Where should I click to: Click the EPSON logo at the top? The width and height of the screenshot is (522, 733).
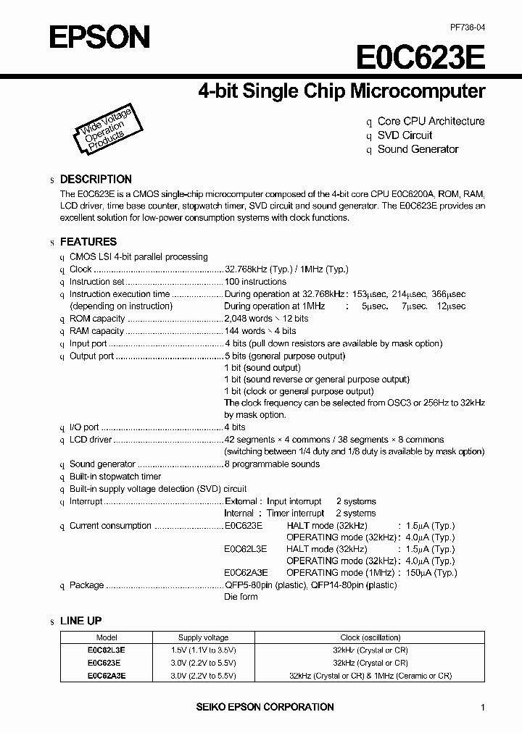point(99,36)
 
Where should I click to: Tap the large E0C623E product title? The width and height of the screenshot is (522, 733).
point(420,57)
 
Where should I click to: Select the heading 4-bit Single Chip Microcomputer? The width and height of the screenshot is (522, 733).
point(341,91)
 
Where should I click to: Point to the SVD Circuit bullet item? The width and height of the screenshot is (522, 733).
point(405,135)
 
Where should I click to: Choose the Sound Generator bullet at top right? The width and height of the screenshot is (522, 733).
point(418,149)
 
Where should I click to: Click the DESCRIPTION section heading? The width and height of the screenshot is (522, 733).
point(96,179)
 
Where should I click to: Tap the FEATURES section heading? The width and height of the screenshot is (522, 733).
point(88,242)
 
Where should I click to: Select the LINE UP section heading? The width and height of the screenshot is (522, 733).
point(80,621)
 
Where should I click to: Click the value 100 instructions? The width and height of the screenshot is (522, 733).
point(255,282)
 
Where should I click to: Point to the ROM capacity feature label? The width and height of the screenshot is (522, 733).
point(97,319)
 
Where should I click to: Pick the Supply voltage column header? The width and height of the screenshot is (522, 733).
point(204,637)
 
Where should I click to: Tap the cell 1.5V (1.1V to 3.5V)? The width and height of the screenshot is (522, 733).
point(204,650)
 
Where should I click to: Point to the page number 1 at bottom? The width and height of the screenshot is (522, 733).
point(482,707)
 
